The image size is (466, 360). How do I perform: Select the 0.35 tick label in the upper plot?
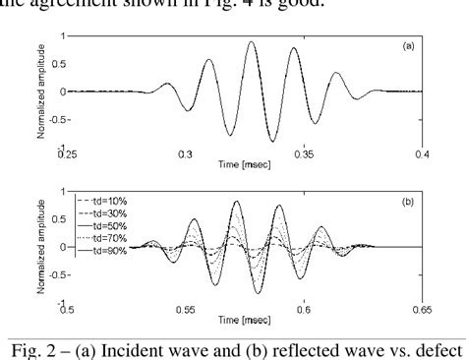pos(305,154)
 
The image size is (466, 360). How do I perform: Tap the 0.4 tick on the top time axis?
pos(423,154)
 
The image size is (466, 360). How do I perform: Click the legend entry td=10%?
pos(105,201)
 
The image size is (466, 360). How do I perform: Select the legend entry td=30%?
pos(105,213)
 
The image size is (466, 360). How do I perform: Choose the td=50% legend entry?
pos(105,226)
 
